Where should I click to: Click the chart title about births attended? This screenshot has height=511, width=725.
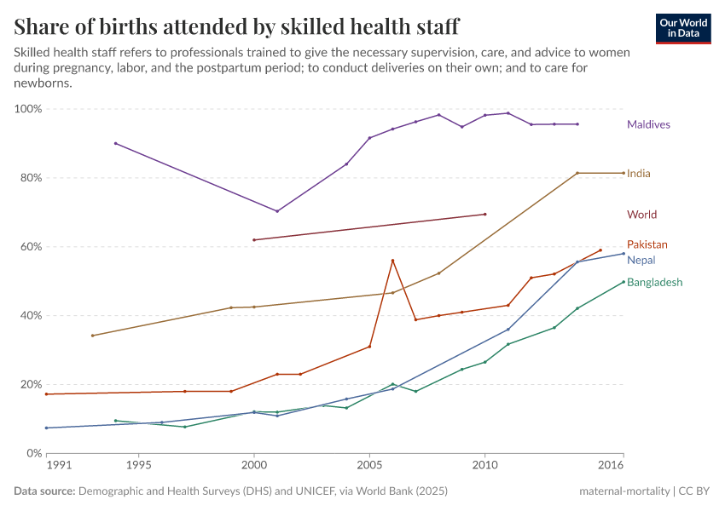[x=236, y=26]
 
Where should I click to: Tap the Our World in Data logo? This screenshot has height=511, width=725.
[x=683, y=28]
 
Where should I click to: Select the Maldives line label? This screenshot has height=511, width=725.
[x=648, y=124]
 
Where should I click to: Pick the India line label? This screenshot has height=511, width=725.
[x=638, y=174]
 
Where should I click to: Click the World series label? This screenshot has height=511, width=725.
[x=641, y=215]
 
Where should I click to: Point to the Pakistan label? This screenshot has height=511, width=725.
[x=647, y=244]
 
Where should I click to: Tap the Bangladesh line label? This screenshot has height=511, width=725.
[x=654, y=282]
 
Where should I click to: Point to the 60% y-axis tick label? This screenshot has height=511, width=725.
[x=31, y=247]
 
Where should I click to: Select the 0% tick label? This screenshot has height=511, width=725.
[x=34, y=453]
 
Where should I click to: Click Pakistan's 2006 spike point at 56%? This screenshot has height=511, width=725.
[x=392, y=261]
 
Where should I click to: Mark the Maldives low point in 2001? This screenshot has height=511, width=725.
[x=277, y=211]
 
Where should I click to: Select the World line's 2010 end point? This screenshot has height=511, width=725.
[x=485, y=215]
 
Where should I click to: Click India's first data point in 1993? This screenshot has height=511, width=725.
[x=92, y=336]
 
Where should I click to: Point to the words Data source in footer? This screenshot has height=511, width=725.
[x=44, y=491]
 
